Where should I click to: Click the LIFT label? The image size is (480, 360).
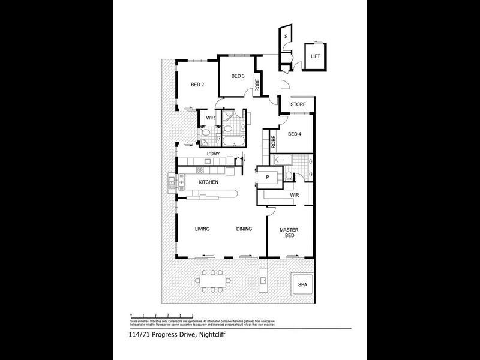[x=315, y=56]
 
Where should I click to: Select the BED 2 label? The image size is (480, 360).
[x=197, y=85]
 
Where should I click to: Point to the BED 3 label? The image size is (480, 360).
[x=238, y=76]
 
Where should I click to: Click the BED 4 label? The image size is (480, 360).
[x=295, y=134]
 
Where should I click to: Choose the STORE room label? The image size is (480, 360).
[x=298, y=104]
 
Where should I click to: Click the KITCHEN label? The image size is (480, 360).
[x=209, y=182]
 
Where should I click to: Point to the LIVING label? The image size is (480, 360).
[x=202, y=229]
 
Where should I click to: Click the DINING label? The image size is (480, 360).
[x=244, y=229]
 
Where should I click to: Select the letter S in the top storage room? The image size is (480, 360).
[x=286, y=37]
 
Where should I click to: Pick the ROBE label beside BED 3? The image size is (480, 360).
[x=257, y=85]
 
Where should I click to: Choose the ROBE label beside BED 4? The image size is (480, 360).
[x=273, y=143]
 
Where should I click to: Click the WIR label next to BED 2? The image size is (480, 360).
[x=210, y=118]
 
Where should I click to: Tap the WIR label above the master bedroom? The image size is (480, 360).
[x=295, y=195]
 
